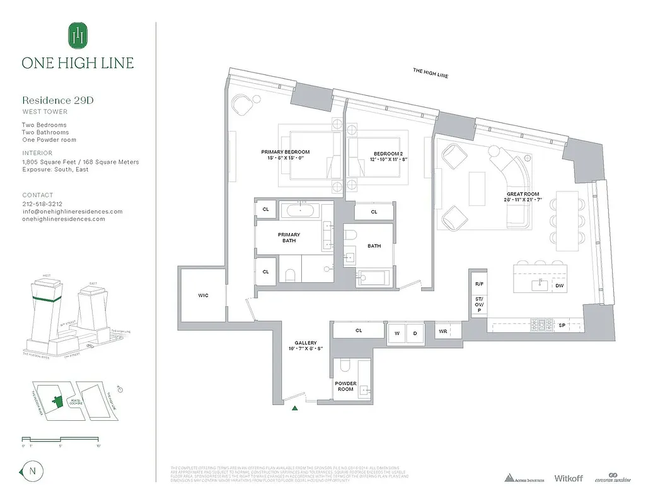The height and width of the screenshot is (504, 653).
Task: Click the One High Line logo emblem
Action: coord(78,35)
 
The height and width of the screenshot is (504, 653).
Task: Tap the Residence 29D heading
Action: coord(58,100)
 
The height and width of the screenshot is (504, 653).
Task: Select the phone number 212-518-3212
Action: coord(43,204)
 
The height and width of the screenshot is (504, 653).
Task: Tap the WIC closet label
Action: coord(203,295)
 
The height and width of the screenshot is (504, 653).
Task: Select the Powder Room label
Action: coord(345,386)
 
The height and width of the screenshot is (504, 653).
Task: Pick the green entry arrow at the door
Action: coord(295,408)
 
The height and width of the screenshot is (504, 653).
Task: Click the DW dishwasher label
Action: coord(559,286)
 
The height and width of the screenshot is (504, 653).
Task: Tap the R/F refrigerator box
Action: coord(478,284)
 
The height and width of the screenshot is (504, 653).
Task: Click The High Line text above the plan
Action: coord(431,72)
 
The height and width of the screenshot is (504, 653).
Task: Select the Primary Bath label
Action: coord(289,238)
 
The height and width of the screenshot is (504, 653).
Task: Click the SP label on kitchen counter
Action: coord(562,326)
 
